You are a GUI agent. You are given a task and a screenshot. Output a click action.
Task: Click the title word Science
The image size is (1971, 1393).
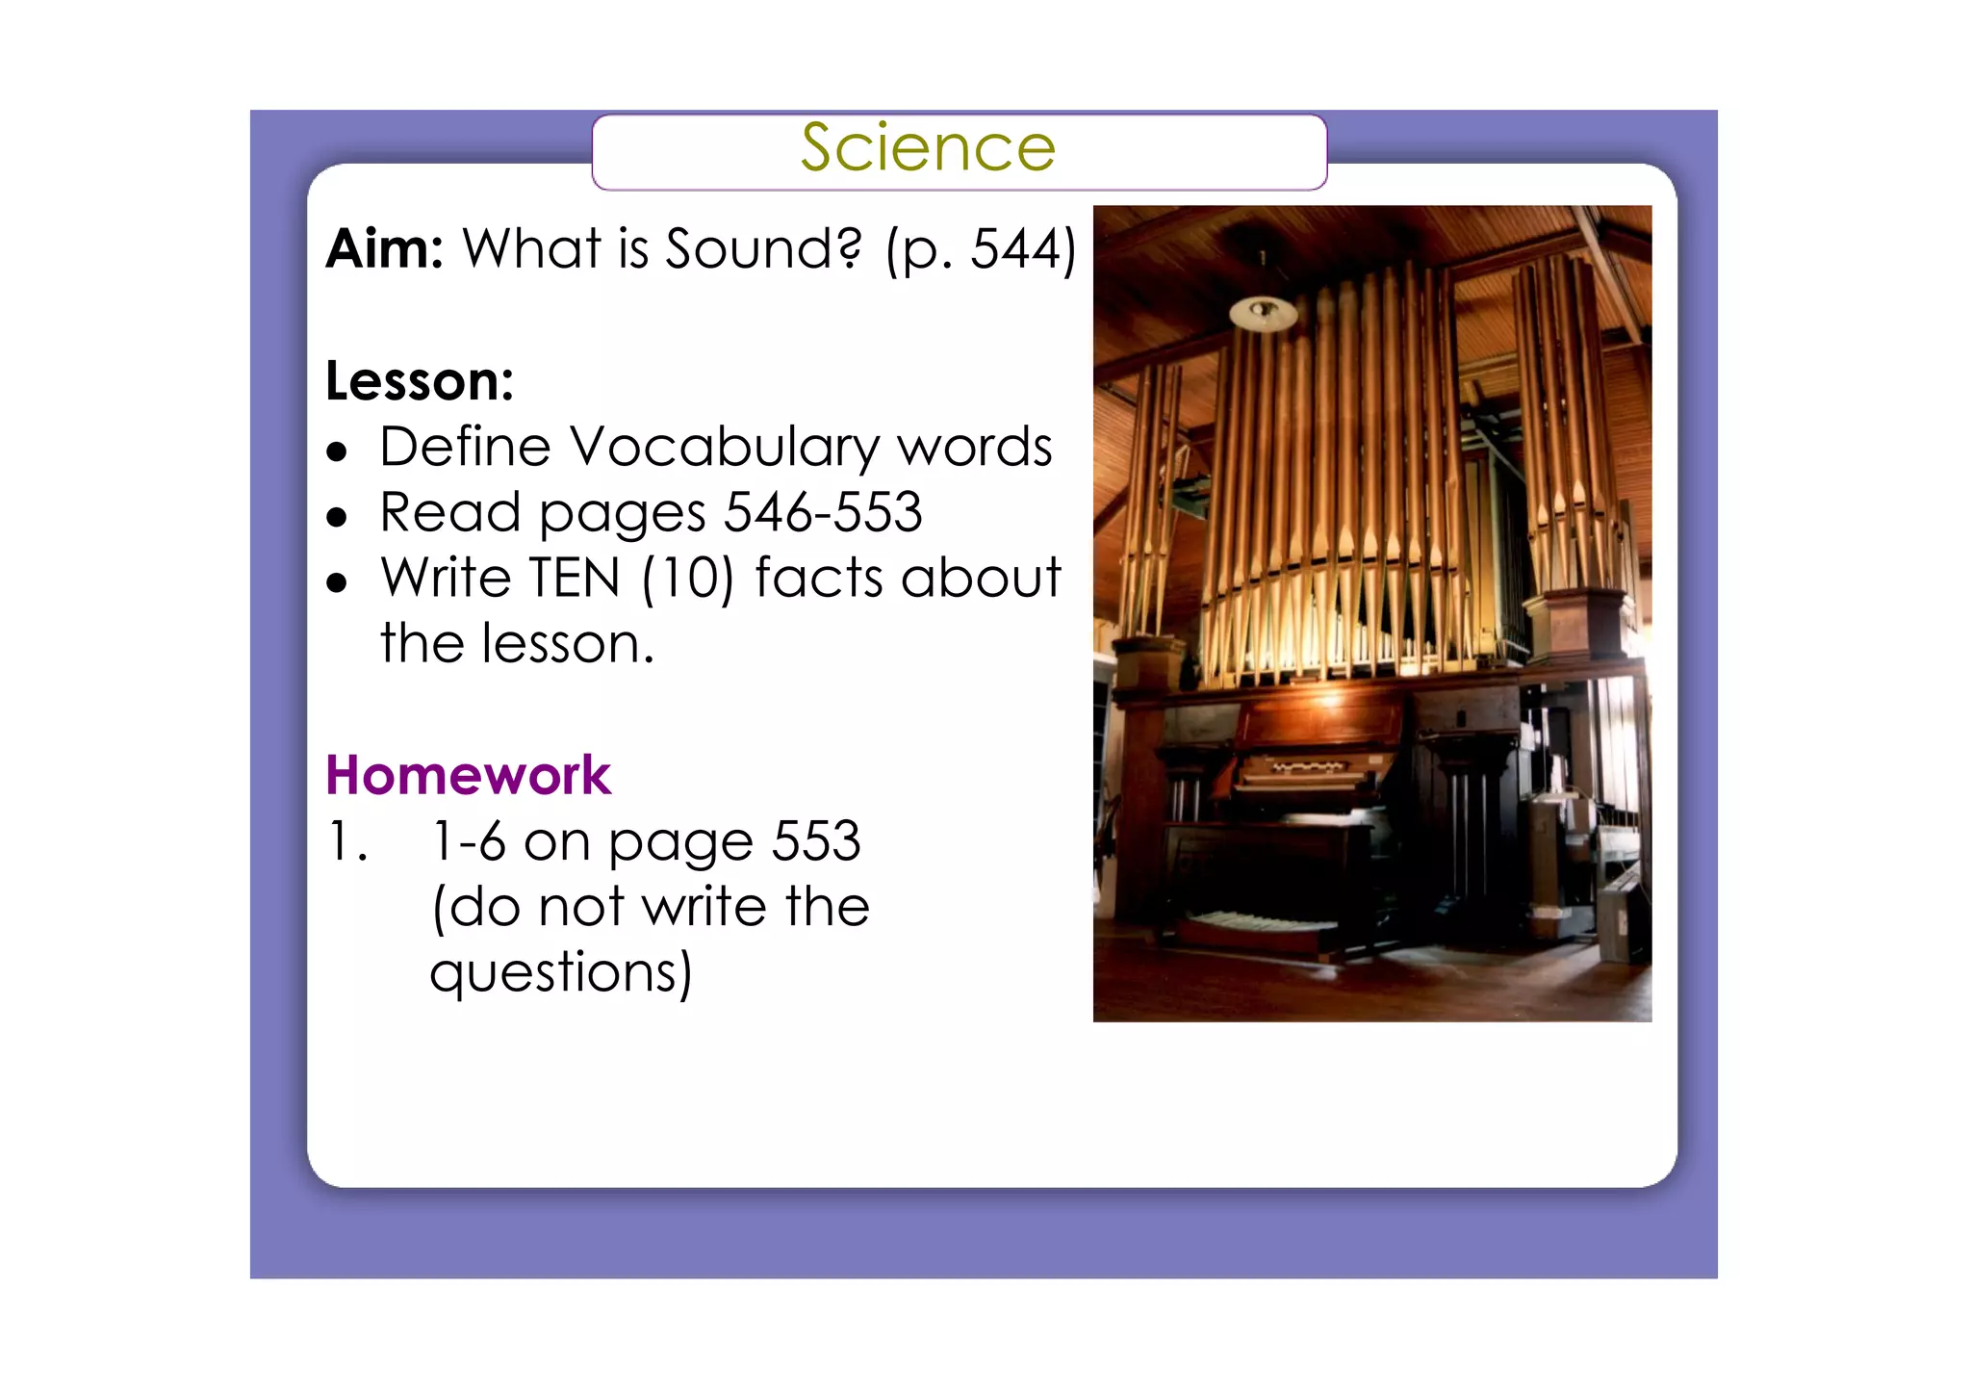[x=928, y=148]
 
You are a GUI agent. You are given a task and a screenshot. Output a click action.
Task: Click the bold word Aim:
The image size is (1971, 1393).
[x=384, y=248]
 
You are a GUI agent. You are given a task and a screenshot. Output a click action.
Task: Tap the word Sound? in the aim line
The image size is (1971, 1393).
[x=763, y=248]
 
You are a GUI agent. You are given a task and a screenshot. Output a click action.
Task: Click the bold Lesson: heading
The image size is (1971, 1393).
[x=420, y=381]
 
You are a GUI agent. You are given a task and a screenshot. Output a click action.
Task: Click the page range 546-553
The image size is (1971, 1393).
[x=823, y=512]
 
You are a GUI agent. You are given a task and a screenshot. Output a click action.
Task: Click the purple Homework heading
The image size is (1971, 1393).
[x=468, y=775]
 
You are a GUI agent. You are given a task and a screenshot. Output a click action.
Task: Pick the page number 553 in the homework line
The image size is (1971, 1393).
[x=816, y=841]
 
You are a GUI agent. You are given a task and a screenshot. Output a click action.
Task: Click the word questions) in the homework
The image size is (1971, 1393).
[x=561, y=972]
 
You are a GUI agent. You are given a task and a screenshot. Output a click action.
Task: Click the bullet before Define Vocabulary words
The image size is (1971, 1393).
[x=336, y=451]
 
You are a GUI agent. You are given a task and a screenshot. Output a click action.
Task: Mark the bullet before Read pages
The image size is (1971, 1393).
[x=336, y=518]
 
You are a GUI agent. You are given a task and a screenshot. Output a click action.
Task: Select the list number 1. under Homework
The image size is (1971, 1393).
[x=346, y=841]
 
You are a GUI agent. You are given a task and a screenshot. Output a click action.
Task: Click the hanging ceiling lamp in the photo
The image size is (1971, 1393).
[x=1263, y=311]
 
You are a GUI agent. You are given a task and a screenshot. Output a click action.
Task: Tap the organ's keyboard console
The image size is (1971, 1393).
[x=1309, y=770]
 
